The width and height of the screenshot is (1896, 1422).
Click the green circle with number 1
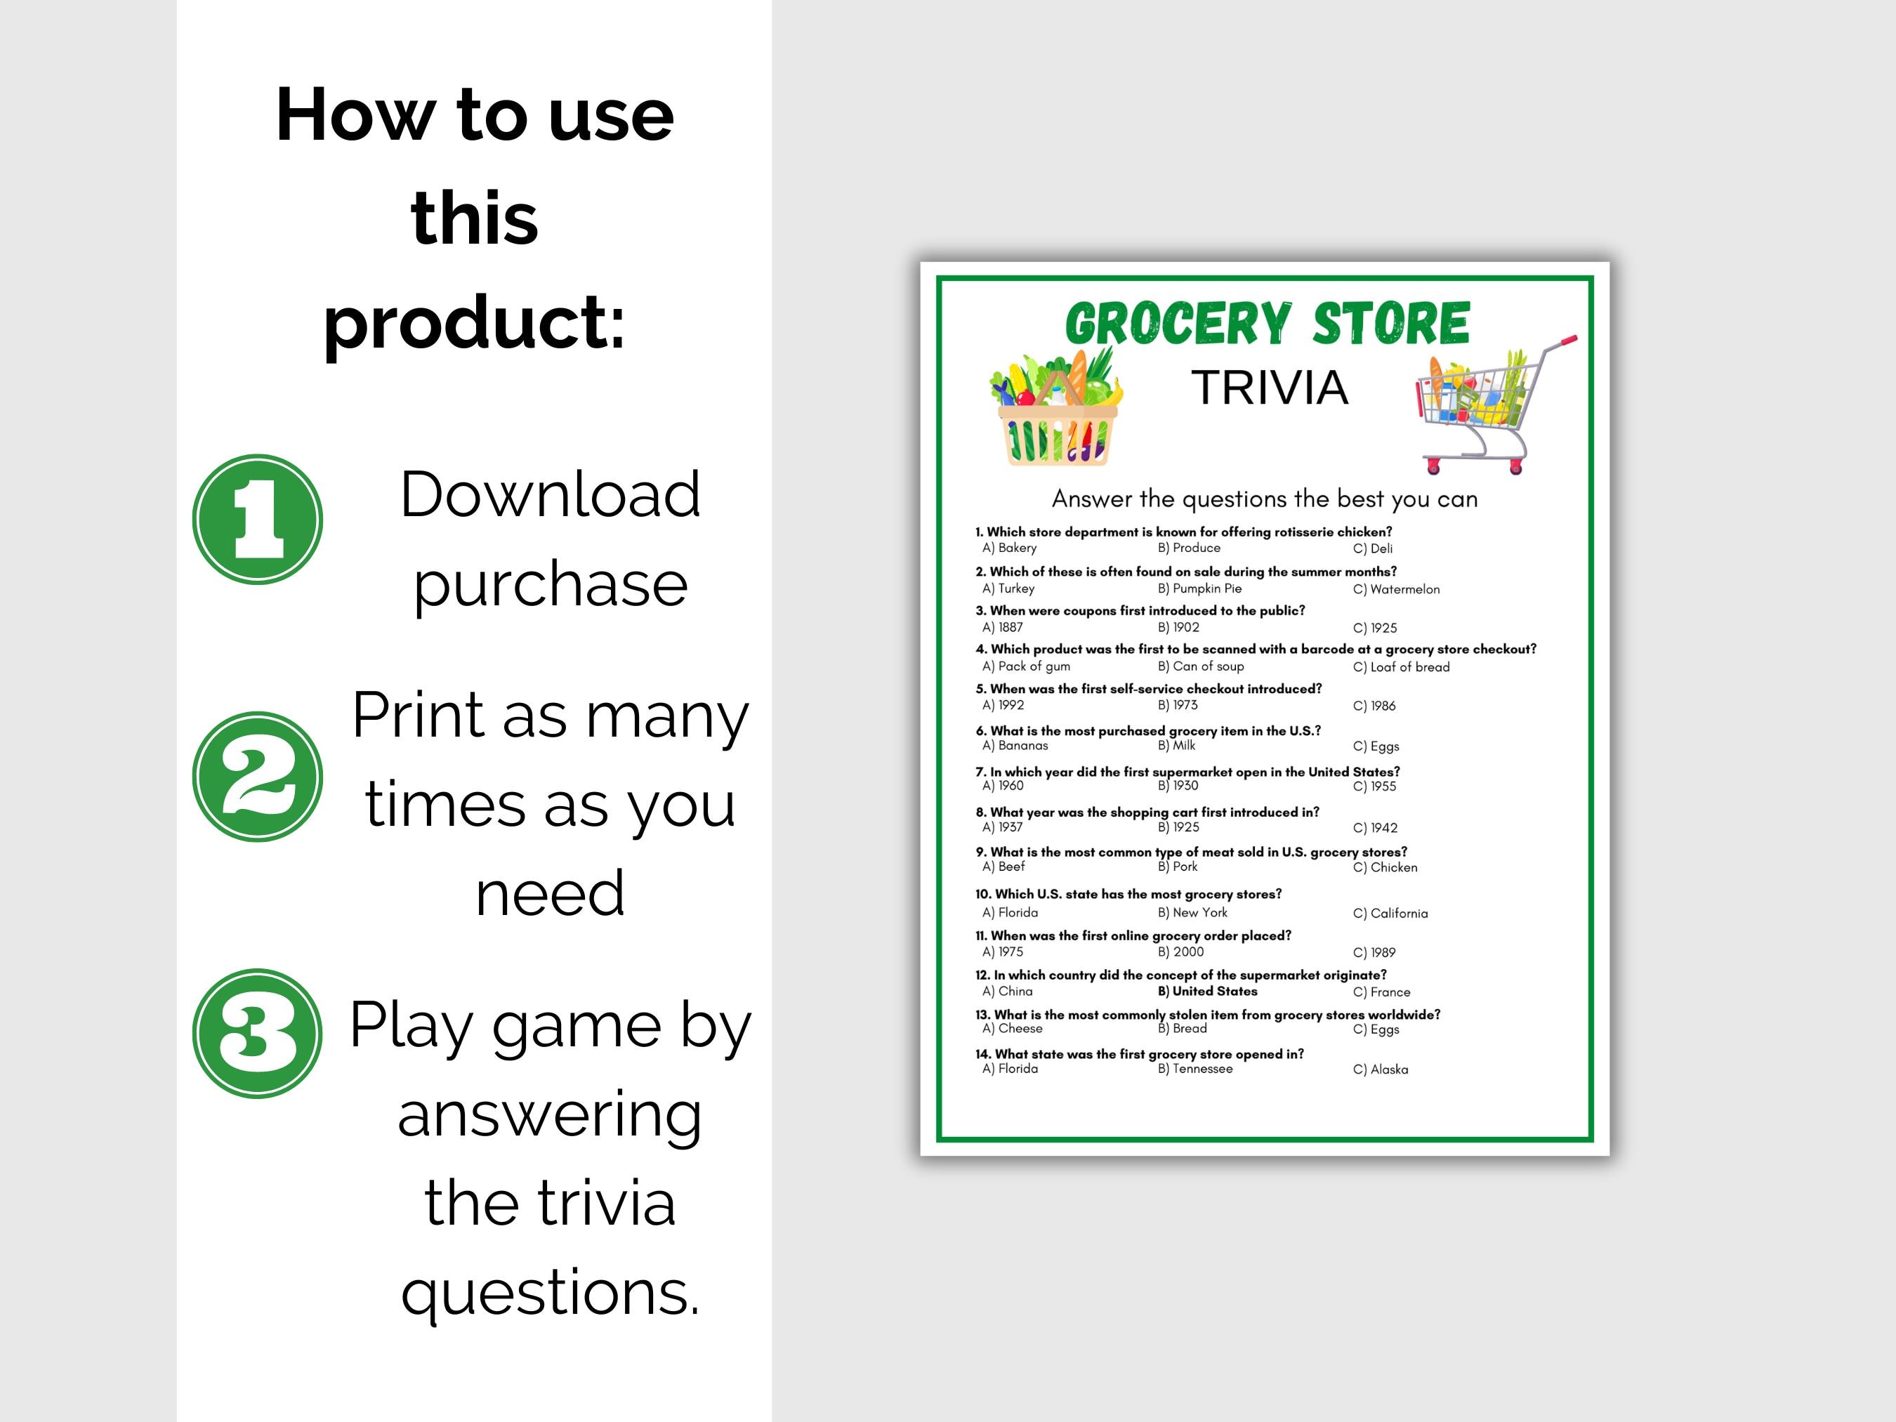click(257, 520)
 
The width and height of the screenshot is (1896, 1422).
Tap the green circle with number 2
click(257, 777)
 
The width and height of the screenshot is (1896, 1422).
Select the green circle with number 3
click(257, 1033)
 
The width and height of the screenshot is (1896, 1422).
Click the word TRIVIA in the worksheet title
click(1270, 388)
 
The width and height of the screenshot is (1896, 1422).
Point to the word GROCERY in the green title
click(1178, 324)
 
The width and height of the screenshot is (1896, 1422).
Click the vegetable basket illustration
click(1057, 409)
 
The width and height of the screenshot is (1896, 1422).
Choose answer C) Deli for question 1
click(1372, 548)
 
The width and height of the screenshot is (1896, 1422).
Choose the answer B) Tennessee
click(1195, 1069)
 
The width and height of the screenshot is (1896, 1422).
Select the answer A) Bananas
click(1015, 745)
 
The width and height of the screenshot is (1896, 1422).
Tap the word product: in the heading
click(474, 322)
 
